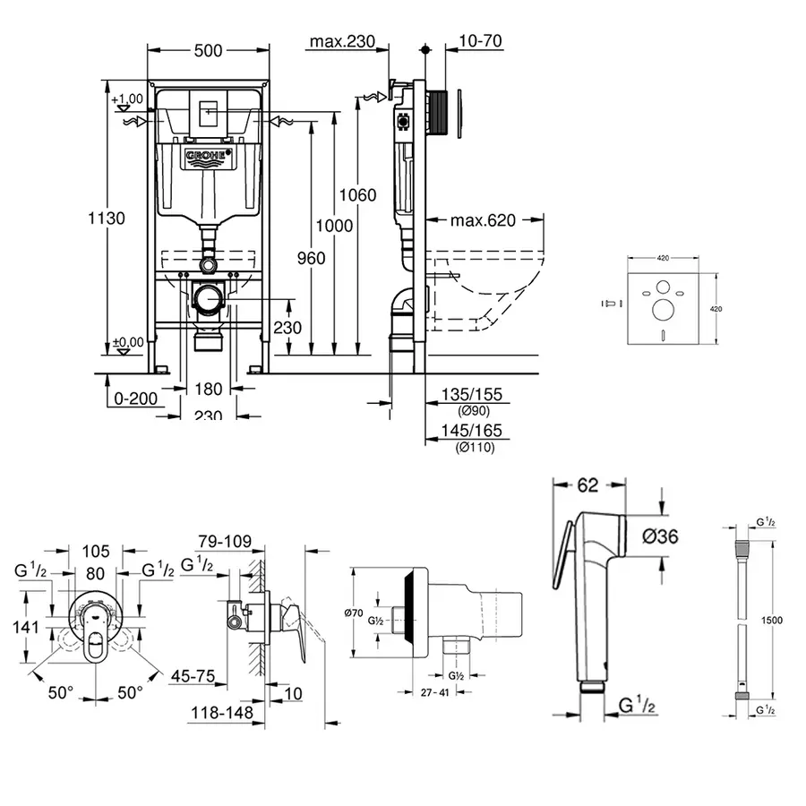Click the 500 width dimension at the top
[208, 51]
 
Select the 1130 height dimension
[107, 218]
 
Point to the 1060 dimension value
[358, 195]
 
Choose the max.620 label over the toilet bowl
[483, 220]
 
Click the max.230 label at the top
[341, 42]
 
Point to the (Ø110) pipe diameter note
[474, 447]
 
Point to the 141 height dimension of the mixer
[26, 627]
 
